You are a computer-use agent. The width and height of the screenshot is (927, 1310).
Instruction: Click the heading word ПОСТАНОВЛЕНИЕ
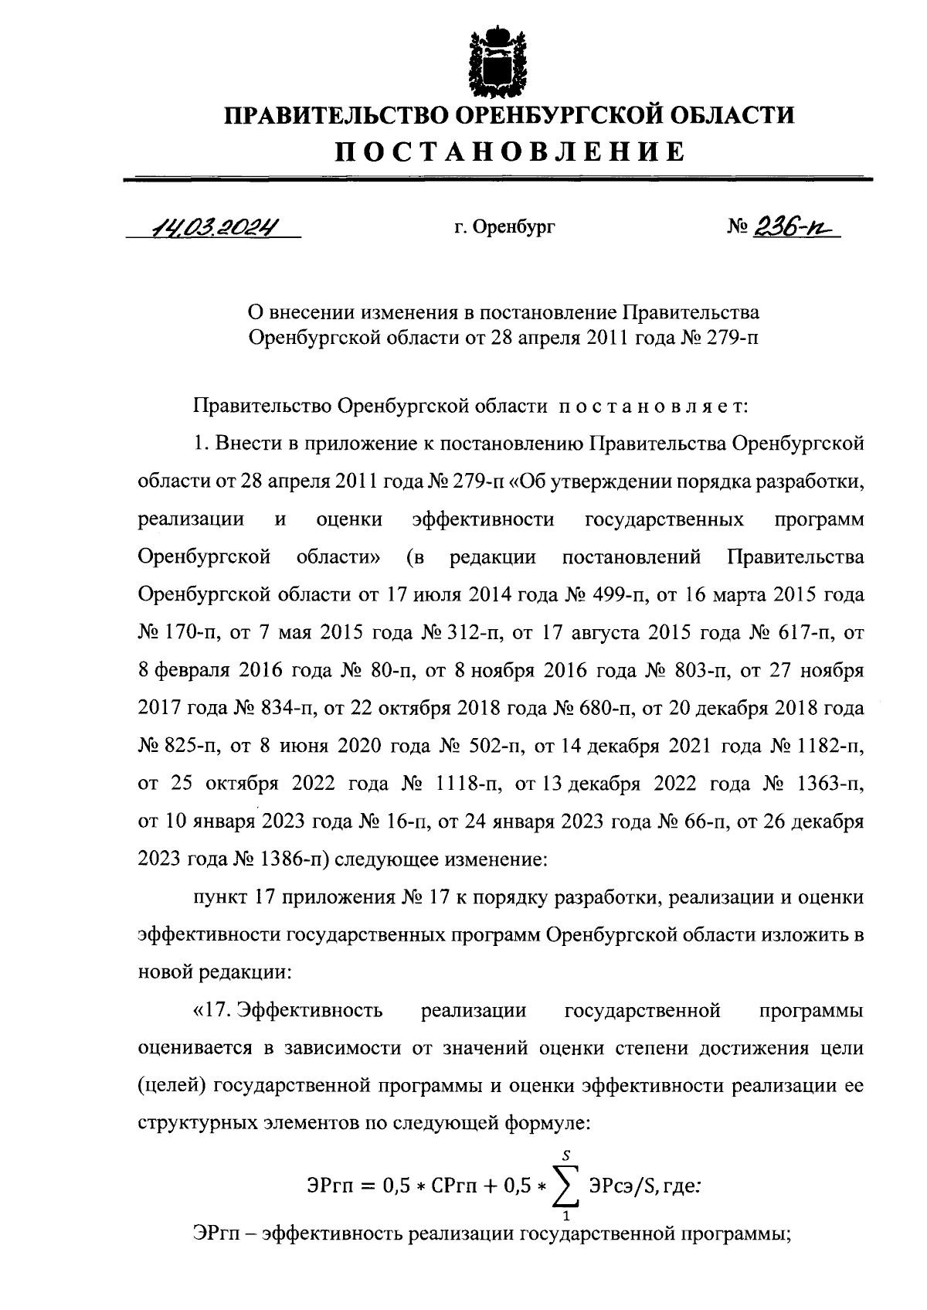(x=509, y=151)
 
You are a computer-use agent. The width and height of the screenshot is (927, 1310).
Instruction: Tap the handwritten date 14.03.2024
(x=215, y=226)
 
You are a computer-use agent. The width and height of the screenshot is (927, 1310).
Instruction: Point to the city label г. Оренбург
(x=504, y=227)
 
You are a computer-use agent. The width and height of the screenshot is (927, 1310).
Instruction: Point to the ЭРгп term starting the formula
(x=325, y=1185)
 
